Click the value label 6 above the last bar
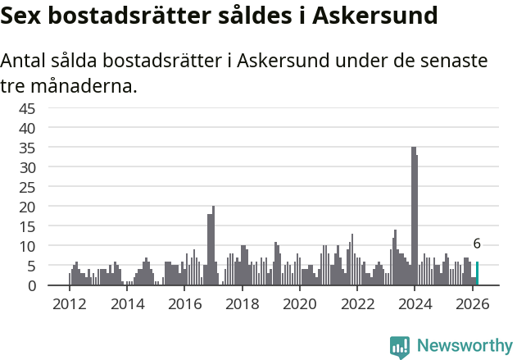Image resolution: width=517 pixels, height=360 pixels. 477,244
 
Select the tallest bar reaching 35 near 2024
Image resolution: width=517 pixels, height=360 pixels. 413,216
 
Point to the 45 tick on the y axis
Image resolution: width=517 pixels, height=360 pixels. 27,108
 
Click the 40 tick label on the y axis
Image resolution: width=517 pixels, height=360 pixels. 27,128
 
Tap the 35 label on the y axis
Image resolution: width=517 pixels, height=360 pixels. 27,148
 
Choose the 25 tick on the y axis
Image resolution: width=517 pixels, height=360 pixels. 27,187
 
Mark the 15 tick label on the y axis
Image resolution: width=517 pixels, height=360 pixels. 27,226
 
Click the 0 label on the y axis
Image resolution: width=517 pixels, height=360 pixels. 31,285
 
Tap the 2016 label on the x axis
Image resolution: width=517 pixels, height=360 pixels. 184,304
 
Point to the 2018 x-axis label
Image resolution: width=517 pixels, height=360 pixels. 242,304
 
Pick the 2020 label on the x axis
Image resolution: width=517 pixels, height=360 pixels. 299,304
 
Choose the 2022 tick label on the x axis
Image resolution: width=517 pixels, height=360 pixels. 357,304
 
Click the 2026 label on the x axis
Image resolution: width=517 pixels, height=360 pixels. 472,304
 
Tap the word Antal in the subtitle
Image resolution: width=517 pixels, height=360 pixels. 26,62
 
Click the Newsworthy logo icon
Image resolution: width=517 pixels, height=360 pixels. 400,346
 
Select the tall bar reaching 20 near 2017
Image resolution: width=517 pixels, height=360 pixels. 213,246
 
